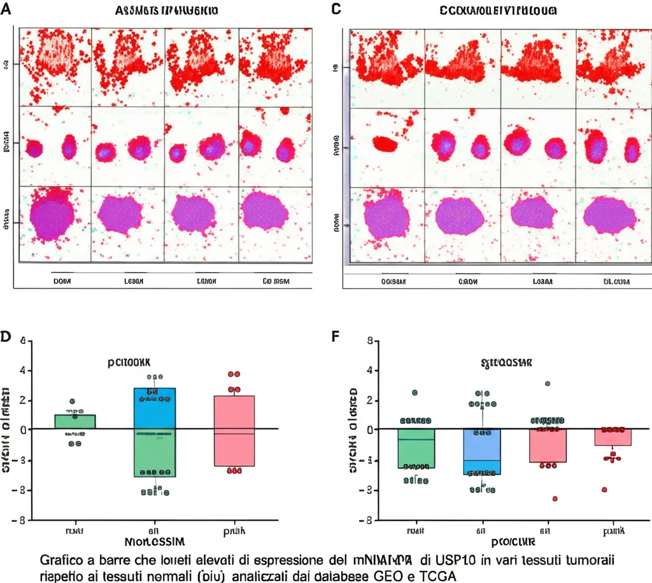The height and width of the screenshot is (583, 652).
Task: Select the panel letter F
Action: pyautogui.click(x=336, y=335)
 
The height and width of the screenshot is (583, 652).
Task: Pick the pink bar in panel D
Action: pyautogui.click(x=234, y=431)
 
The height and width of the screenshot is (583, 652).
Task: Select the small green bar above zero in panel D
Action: pyautogui.click(x=74, y=421)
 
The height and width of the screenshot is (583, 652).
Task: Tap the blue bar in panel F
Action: pyautogui.click(x=481, y=452)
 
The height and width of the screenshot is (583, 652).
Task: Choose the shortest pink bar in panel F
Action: pyautogui.click(x=613, y=437)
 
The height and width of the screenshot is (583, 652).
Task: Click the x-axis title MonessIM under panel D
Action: pyautogui.click(x=155, y=542)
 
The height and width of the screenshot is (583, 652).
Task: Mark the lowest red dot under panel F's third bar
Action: pyautogui.click(x=555, y=498)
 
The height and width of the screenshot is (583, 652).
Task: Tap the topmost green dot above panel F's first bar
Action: pyautogui.click(x=415, y=392)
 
